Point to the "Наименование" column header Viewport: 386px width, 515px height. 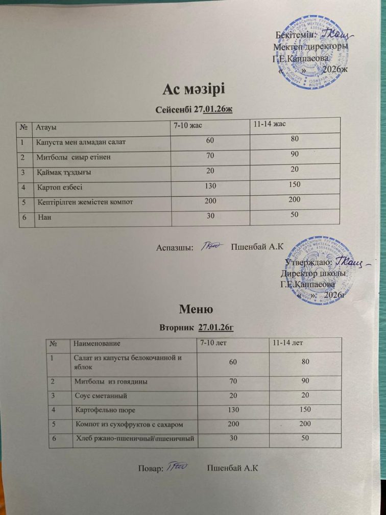coord(98,343)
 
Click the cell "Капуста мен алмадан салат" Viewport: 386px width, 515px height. coord(78,141)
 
